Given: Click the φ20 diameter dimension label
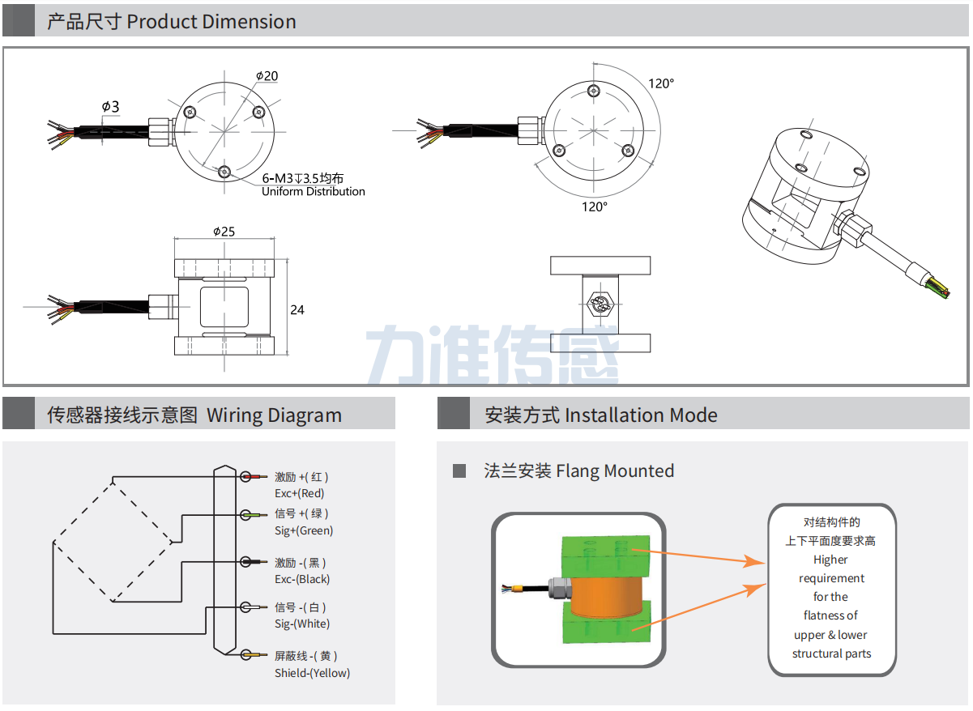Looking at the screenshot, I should [267, 75].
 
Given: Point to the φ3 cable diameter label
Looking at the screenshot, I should [110, 107].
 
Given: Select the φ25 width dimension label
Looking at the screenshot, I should [224, 231].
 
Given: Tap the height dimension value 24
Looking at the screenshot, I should [297, 310].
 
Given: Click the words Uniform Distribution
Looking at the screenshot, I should [313, 192].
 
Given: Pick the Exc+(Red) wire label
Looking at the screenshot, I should [299, 493].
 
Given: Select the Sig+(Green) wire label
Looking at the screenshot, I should [304, 530].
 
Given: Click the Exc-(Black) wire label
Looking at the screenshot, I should [302, 579].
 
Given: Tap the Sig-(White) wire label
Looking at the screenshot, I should [302, 624].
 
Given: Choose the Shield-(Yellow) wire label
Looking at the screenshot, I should [312, 673].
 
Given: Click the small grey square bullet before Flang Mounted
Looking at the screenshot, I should [459, 470].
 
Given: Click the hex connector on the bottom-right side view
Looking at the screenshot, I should [600, 304].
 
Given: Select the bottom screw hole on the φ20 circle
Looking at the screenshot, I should [224, 171].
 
